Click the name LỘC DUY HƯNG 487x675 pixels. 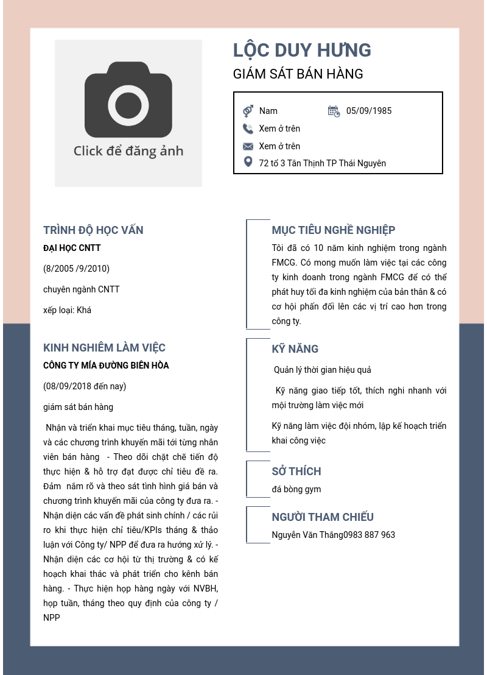(302, 51)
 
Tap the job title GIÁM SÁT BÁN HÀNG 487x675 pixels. (298, 74)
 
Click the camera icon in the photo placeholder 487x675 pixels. (128, 100)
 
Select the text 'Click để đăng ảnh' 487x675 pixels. (128, 151)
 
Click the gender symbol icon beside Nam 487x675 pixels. (248, 111)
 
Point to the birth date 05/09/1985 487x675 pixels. (369, 111)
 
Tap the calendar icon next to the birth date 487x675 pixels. (334, 111)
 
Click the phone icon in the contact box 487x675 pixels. (248, 129)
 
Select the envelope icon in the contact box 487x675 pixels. (248, 146)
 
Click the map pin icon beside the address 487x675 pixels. (248, 162)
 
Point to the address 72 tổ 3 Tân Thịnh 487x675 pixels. (322, 163)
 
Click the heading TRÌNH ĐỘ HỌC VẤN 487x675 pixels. (93, 230)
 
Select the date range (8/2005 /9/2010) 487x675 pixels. (76, 269)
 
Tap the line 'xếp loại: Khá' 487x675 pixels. (67, 310)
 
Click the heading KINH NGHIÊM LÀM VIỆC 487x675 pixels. (104, 348)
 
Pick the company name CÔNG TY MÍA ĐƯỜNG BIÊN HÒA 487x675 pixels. (106, 366)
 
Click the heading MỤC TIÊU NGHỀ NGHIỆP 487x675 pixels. (333, 230)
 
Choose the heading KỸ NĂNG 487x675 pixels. (295, 349)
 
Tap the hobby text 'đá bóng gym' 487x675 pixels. (296, 489)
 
